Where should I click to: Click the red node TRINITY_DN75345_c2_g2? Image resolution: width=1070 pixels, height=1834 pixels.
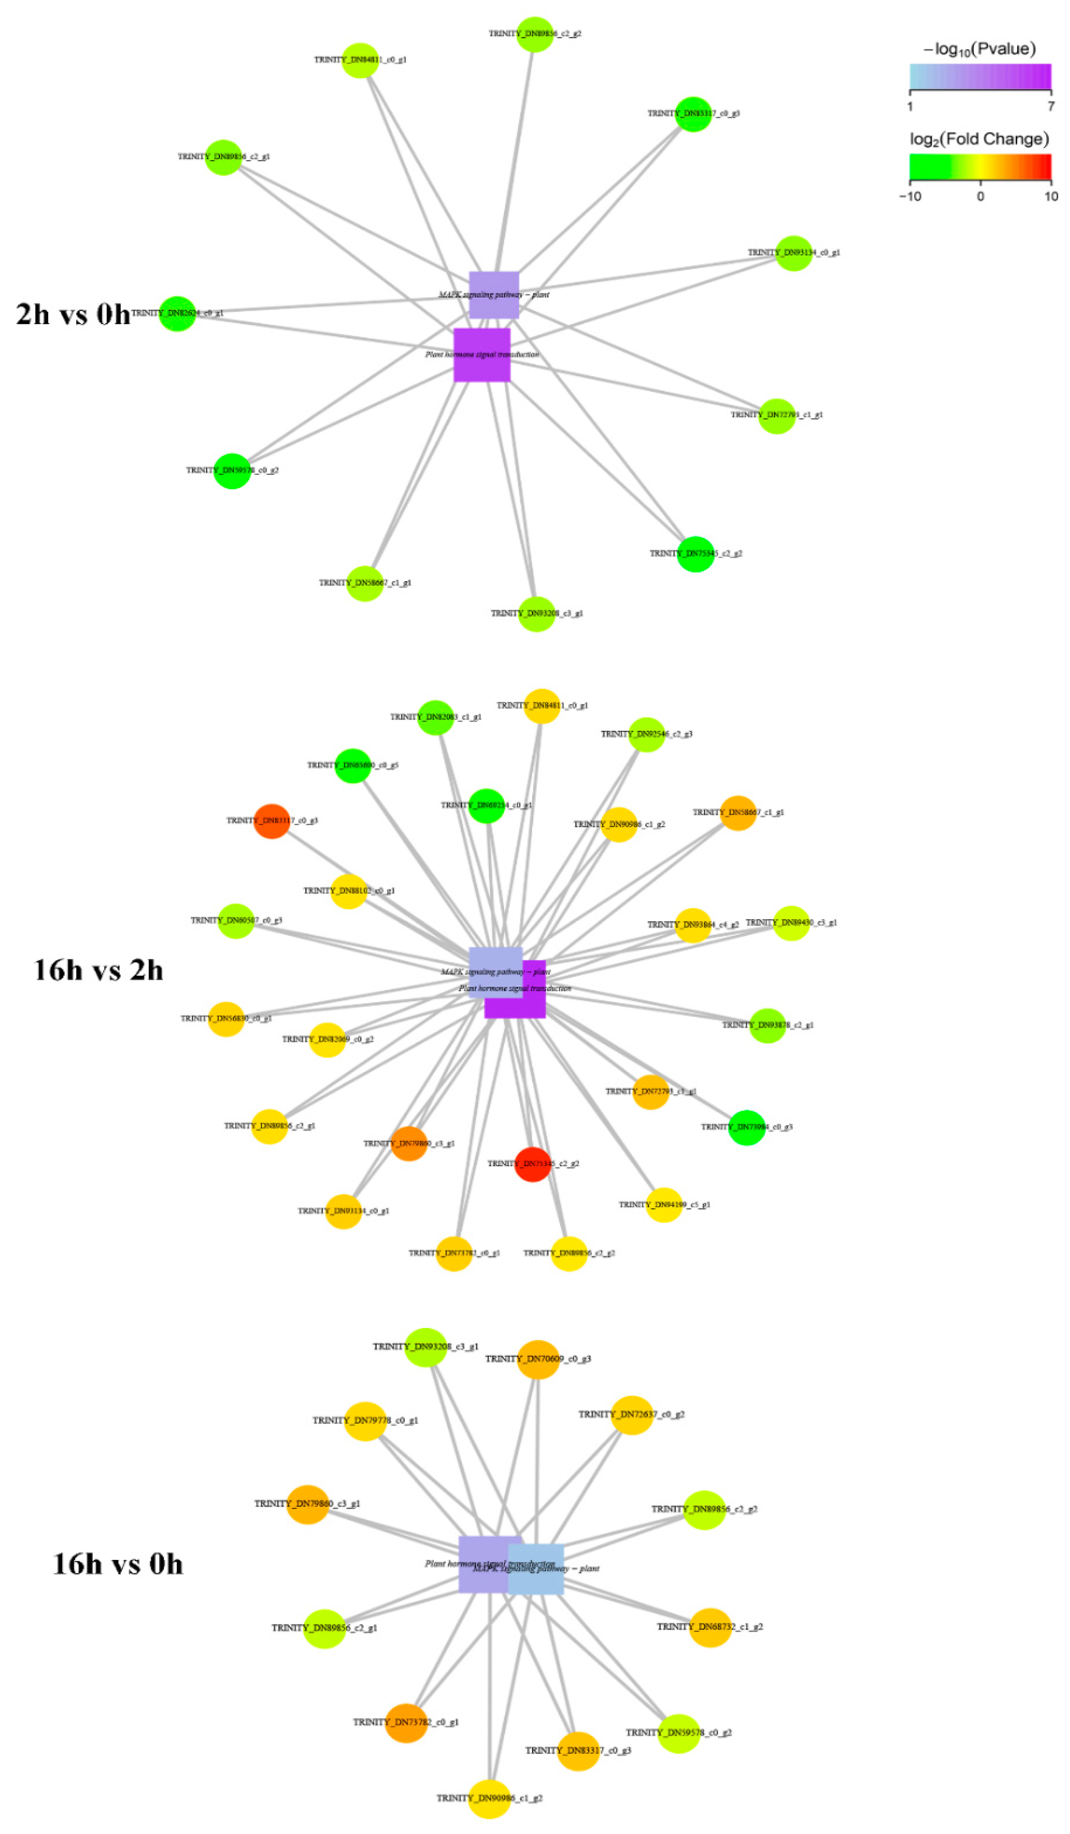(532, 1164)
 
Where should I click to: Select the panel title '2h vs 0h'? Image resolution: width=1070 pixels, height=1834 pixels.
(73, 314)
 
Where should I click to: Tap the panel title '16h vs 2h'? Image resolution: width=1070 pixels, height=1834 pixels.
(98, 970)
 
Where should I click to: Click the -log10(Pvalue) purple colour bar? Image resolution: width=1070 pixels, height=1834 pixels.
(980, 76)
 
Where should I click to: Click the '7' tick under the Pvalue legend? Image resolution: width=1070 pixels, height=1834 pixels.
(1050, 106)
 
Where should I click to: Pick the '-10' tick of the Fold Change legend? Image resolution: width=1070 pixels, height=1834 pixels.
(911, 197)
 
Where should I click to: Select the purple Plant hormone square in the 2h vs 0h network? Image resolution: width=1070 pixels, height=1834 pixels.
(482, 355)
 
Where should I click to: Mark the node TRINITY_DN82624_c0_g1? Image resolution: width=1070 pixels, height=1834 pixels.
(178, 314)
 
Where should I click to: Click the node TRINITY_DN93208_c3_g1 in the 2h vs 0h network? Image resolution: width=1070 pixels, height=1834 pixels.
(537, 614)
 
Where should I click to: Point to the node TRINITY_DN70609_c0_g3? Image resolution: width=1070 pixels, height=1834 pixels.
(538, 1359)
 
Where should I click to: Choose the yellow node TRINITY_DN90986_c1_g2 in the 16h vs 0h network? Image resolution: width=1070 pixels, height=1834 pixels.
(490, 1798)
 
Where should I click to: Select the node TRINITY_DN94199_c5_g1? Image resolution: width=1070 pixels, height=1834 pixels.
(664, 1204)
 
